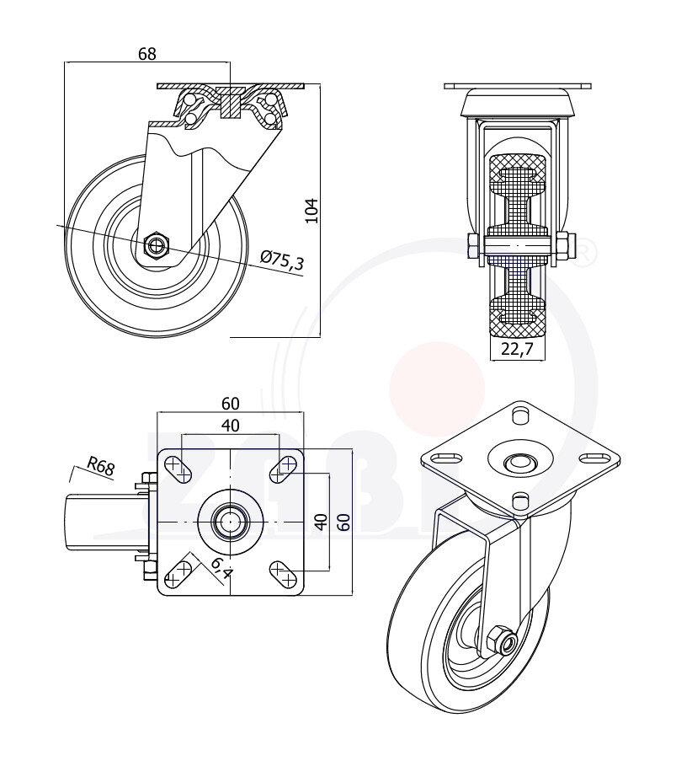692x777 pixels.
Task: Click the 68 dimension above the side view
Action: point(146,53)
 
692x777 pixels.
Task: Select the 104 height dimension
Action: point(311,210)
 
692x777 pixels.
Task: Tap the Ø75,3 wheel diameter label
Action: point(283,260)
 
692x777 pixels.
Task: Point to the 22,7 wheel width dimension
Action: point(517,350)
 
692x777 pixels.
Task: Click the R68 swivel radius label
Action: point(100,467)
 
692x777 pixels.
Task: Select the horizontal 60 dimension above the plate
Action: point(230,403)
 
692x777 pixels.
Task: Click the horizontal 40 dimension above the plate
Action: point(230,425)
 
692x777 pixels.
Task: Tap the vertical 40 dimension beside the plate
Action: point(320,521)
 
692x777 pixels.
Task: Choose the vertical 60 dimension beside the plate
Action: point(343,521)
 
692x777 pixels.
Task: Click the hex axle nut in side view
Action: point(157,245)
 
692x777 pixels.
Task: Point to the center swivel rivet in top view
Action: point(230,522)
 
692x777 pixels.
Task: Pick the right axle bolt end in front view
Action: point(569,247)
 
